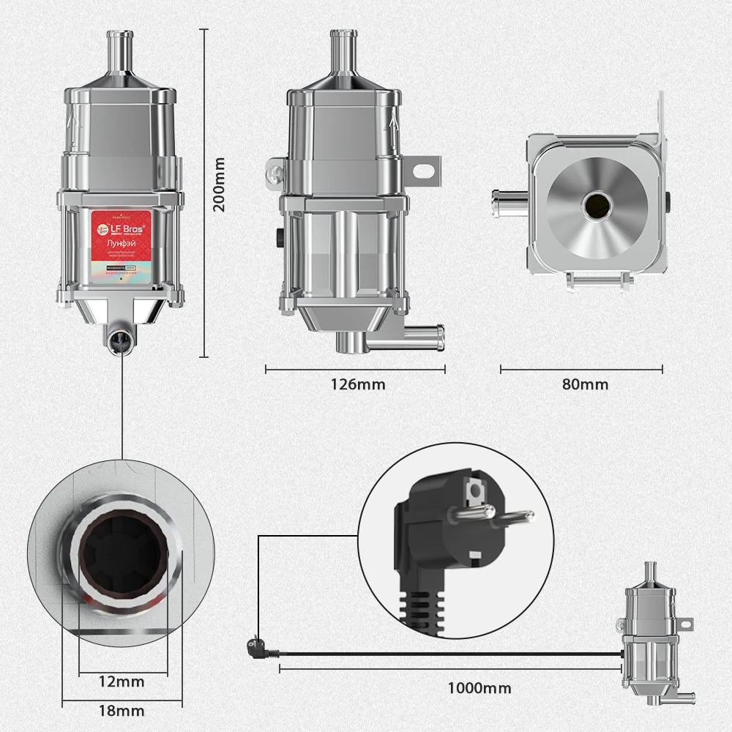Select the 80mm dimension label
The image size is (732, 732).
[584, 384]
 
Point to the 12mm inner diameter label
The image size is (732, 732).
[122, 682]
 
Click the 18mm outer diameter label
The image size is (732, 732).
[122, 711]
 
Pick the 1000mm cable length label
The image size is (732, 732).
[479, 688]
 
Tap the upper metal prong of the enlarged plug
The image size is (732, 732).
[469, 512]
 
